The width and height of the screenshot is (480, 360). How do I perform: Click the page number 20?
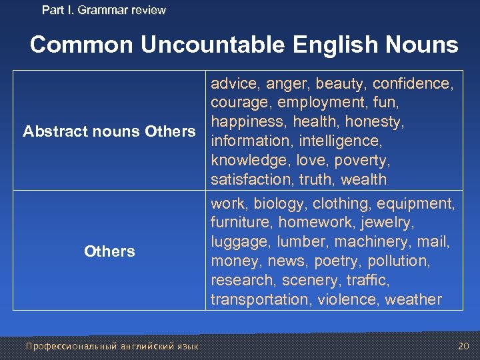[463, 345]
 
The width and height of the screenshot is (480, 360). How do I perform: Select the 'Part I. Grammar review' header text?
[104, 10]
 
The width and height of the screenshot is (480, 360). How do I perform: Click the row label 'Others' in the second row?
[109, 251]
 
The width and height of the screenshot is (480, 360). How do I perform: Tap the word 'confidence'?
[413, 83]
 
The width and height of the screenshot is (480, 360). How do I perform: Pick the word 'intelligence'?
[340, 141]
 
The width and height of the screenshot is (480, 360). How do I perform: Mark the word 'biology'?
[280, 203]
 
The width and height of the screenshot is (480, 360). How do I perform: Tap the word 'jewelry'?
[381, 222]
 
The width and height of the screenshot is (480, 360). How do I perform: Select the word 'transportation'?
[259, 299]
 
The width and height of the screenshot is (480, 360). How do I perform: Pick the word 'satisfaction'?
[251, 179]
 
